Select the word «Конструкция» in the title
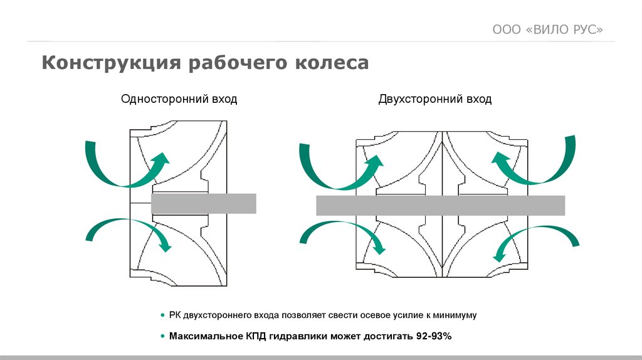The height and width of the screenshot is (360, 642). coord(110,63)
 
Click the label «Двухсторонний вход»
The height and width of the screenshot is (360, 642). coord(434,99)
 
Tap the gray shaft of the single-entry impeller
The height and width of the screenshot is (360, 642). coord(204,203)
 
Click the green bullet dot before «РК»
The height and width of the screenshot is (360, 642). coord(163,315)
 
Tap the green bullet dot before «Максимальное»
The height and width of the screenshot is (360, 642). coord(163,336)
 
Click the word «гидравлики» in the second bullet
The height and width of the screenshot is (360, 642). coord(294,336)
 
